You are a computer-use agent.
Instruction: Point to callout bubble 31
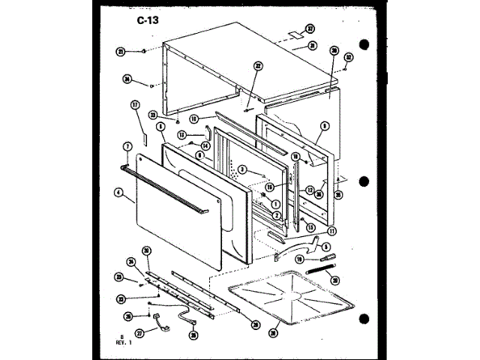click(310, 46)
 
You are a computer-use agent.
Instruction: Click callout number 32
click(348, 57)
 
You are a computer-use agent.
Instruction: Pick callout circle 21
click(120, 52)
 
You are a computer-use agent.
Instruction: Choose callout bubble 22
click(257, 65)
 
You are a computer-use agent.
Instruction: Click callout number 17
click(136, 105)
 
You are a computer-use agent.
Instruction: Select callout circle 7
click(127, 145)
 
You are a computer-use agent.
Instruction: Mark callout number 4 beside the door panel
click(118, 192)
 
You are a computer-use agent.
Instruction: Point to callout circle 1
click(275, 203)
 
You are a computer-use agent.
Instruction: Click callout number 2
click(277, 215)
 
